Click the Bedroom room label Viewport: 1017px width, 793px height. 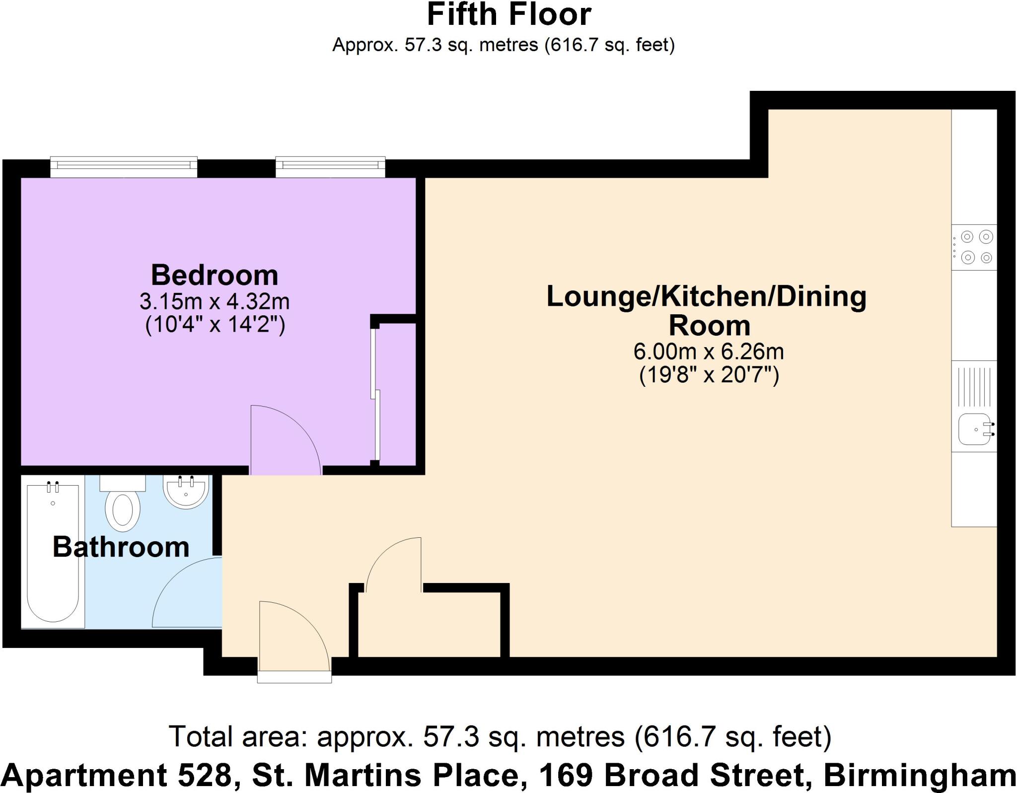point(215,275)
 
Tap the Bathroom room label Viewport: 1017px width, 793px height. point(121,547)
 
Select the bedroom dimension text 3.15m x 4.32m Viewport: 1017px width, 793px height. point(215,301)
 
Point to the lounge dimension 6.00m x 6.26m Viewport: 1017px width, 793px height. point(708,352)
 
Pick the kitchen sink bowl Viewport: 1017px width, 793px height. point(973,430)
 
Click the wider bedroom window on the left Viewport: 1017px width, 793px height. point(124,167)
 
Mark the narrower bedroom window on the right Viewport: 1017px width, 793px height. point(330,167)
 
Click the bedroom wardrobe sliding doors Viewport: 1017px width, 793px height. point(376,392)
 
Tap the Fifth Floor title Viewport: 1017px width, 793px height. point(508,15)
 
